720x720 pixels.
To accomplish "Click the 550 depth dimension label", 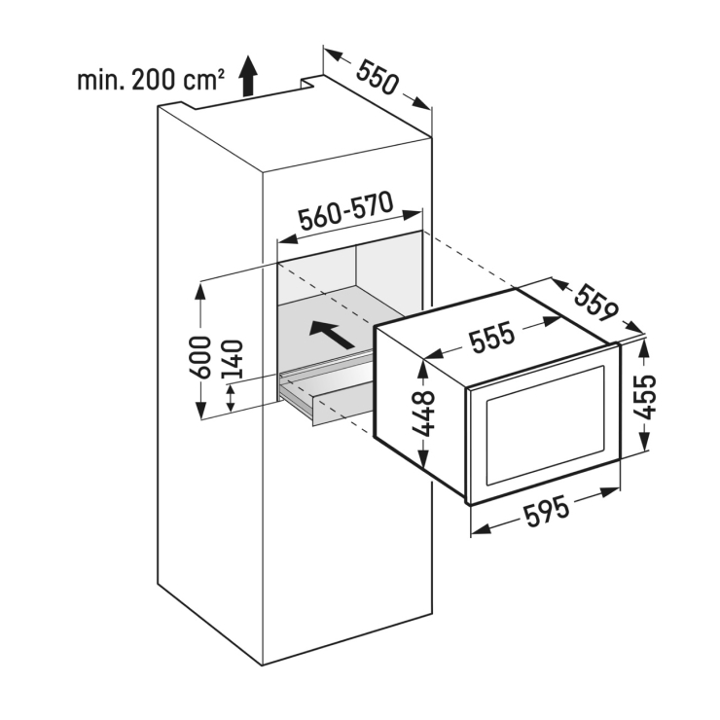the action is coord(377,78).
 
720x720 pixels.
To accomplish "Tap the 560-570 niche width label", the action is coord(345,211).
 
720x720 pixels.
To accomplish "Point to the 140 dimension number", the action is coord(232,361).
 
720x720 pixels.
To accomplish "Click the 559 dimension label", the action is coord(597,304).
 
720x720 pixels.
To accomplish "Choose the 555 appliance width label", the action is coord(491,337).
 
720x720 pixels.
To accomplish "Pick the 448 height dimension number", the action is coord(422,413).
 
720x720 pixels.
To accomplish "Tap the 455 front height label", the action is coord(645,397).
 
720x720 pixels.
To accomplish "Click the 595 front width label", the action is coord(546,512).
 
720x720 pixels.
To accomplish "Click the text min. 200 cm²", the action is coord(151,80).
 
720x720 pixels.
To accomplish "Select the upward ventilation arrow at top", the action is coord(248,76).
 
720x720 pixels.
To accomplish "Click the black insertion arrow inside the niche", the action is coord(332,334).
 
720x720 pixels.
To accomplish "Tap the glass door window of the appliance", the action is coord(546,425).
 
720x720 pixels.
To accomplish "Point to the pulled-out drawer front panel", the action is coord(342,409).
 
